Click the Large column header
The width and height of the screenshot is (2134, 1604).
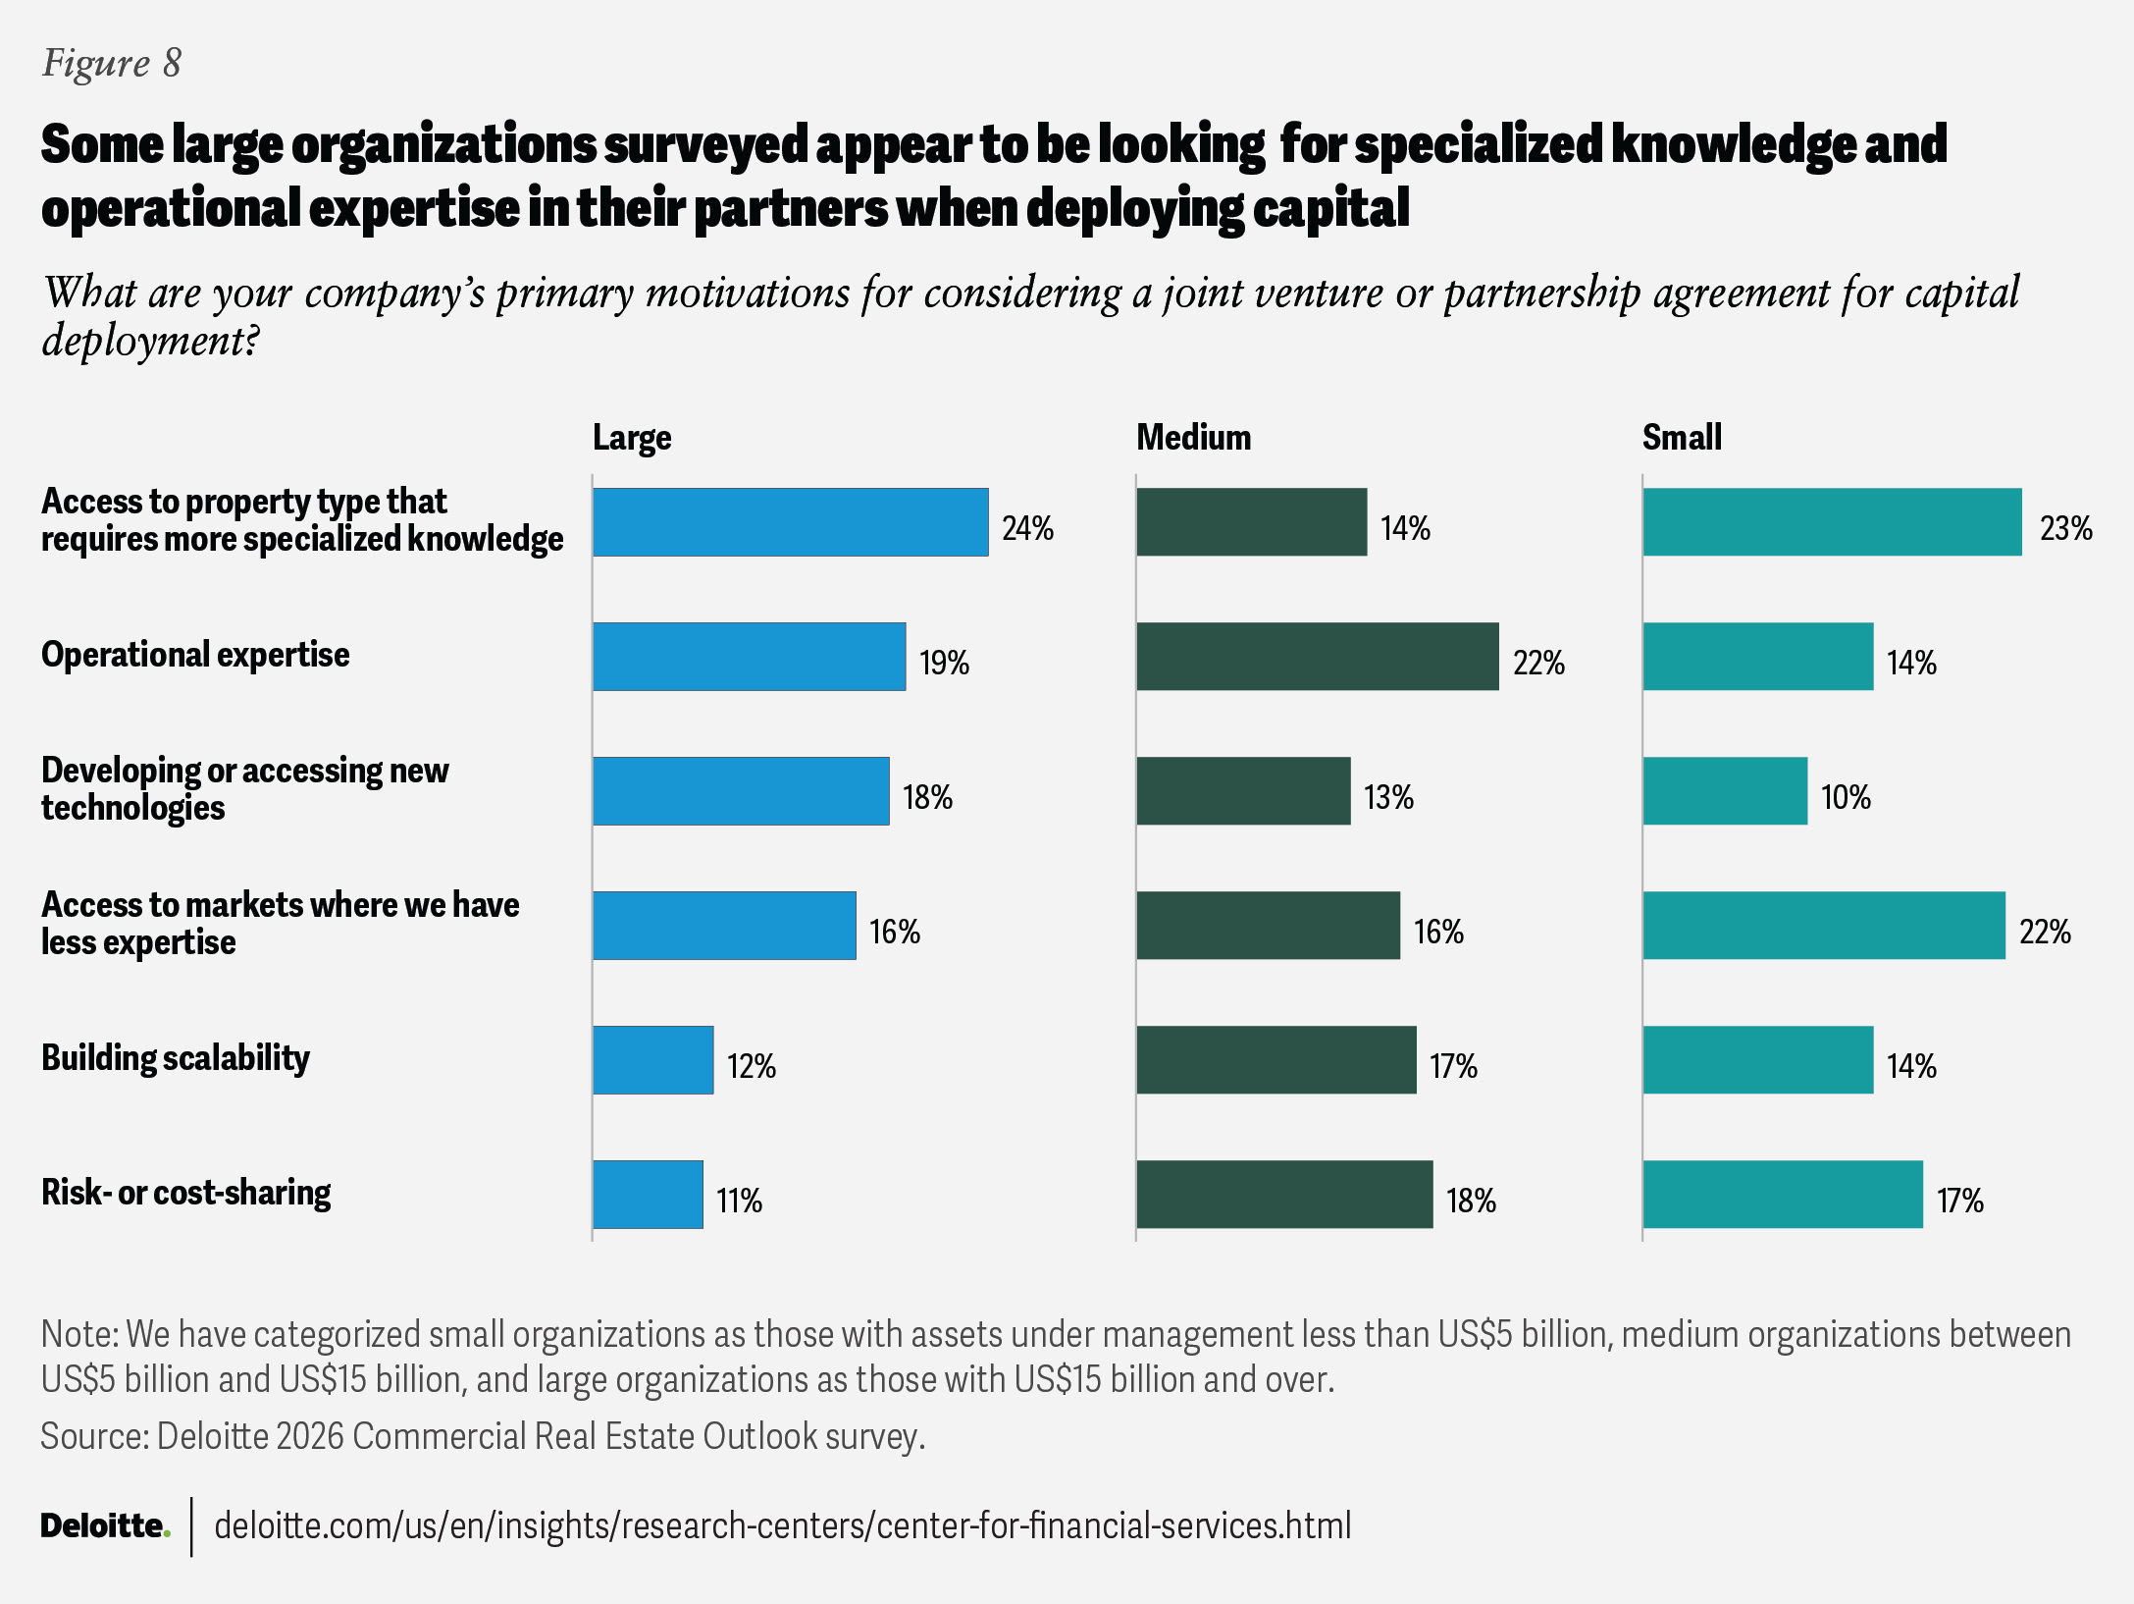tap(632, 438)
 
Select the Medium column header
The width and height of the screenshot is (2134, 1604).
tap(1193, 438)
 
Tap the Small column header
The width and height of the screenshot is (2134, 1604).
tap(1682, 438)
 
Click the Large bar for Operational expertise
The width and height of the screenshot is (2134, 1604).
tap(749, 657)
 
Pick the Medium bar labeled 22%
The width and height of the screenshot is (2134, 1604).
tap(1317, 657)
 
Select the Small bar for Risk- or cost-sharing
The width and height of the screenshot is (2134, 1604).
tap(1783, 1195)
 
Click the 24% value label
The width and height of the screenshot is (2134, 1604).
tap(1027, 529)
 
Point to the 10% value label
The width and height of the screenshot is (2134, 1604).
tap(1846, 797)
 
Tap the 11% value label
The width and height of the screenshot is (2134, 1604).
tap(739, 1201)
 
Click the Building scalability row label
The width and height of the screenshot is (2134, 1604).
tap(176, 1058)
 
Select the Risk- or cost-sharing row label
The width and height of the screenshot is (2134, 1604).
tap(186, 1193)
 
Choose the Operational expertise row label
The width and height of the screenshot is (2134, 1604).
tap(195, 655)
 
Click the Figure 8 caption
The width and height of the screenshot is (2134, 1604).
tap(112, 64)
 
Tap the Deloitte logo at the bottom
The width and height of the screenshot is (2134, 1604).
tap(105, 1525)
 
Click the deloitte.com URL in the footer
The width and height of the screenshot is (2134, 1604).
tap(782, 1525)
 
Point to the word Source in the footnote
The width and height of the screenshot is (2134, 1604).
tap(93, 1436)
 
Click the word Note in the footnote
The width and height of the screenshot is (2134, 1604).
tap(79, 1335)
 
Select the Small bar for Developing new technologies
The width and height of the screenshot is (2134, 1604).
tap(1725, 791)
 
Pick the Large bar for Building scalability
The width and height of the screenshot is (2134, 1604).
tap(652, 1060)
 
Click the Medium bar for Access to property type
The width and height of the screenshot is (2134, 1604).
tap(1251, 522)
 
